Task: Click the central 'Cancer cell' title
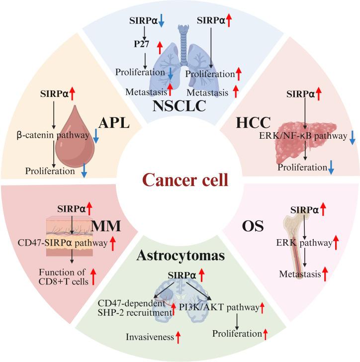(180, 179)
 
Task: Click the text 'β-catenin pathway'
(58, 135)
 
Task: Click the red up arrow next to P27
(160, 47)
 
